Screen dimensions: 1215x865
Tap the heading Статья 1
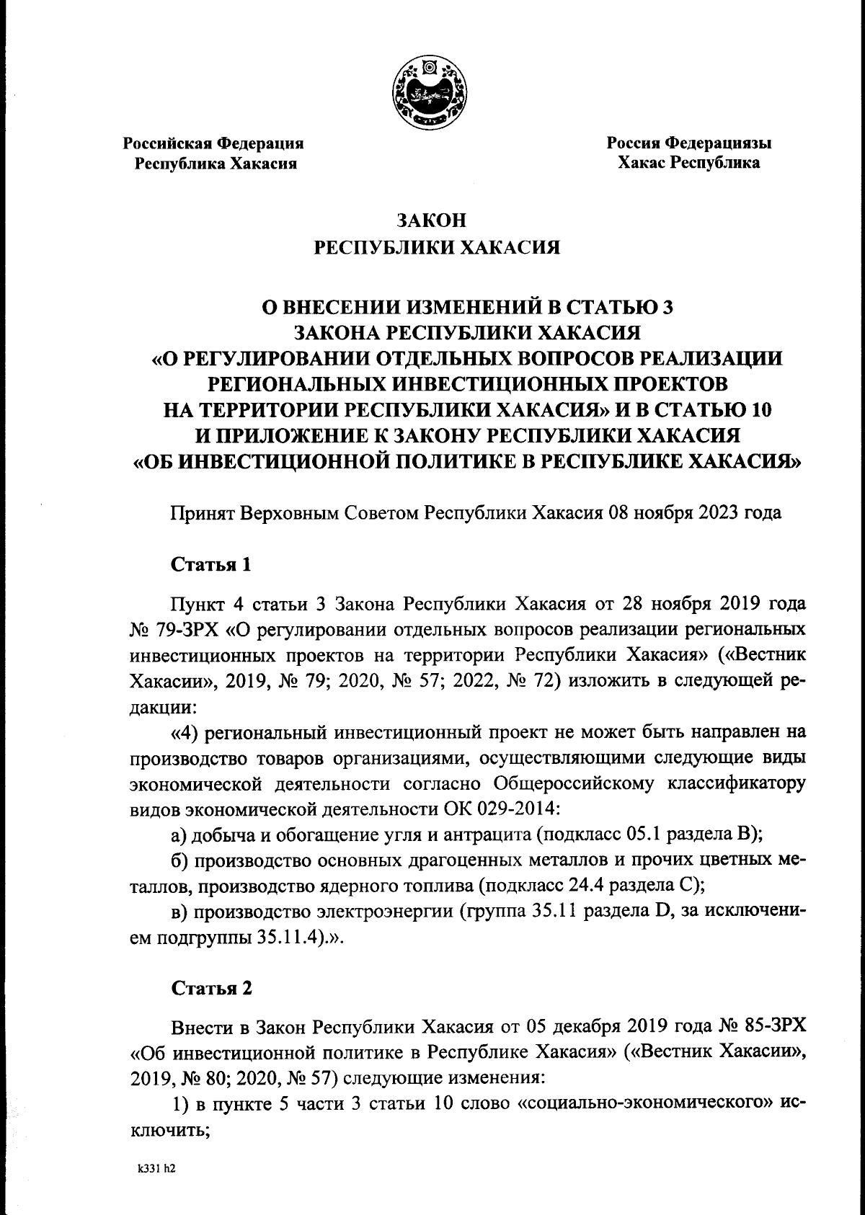point(211,564)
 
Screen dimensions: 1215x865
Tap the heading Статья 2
point(211,988)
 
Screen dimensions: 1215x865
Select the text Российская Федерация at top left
point(213,143)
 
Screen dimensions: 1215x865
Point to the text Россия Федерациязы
point(688,143)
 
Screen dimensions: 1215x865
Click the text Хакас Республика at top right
point(688,163)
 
